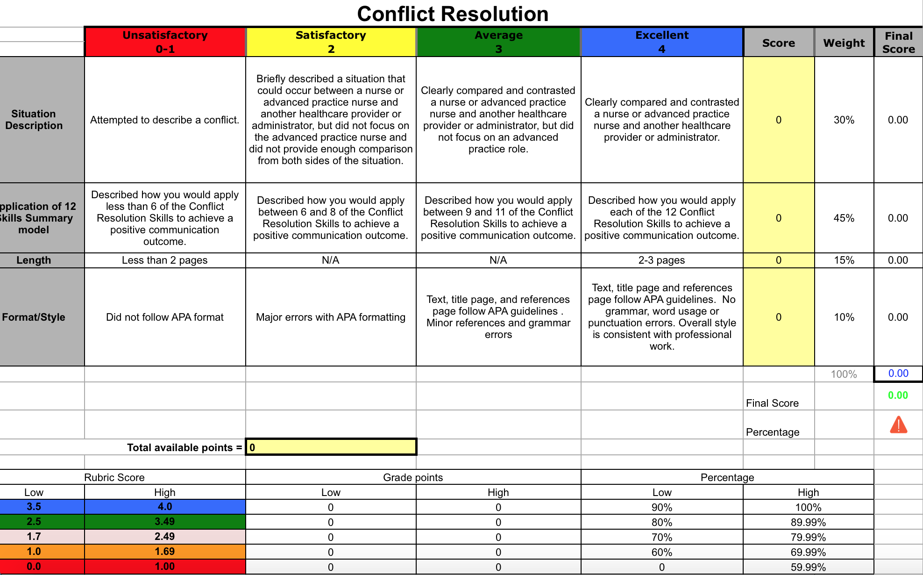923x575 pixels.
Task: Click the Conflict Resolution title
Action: [452, 14]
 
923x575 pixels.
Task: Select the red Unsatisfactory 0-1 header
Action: [165, 42]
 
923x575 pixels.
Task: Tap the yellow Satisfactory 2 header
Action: [331, 42]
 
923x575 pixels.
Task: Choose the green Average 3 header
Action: [498, 42]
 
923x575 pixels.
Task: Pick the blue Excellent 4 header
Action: [661, 42]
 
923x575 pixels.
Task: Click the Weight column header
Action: [844, 43]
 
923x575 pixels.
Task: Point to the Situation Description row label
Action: [34, 120]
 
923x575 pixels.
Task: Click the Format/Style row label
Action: [34, 317]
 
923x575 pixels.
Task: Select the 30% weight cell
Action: [844, 120]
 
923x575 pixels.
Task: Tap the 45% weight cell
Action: [844, 218]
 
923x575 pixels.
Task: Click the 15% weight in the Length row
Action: [844, 260]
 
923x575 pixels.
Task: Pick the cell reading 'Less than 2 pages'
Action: [165, 260]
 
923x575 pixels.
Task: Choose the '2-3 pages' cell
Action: [661, 260]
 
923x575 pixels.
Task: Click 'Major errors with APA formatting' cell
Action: [331, 317]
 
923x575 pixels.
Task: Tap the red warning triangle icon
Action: [898, 425]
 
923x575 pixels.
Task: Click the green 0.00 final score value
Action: [898, 395]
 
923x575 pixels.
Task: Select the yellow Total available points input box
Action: [331, 447]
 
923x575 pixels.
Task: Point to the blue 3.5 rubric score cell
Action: [34, 507]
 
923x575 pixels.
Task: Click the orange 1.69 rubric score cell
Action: [165, 552]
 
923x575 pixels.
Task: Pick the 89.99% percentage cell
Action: [808, 522]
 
